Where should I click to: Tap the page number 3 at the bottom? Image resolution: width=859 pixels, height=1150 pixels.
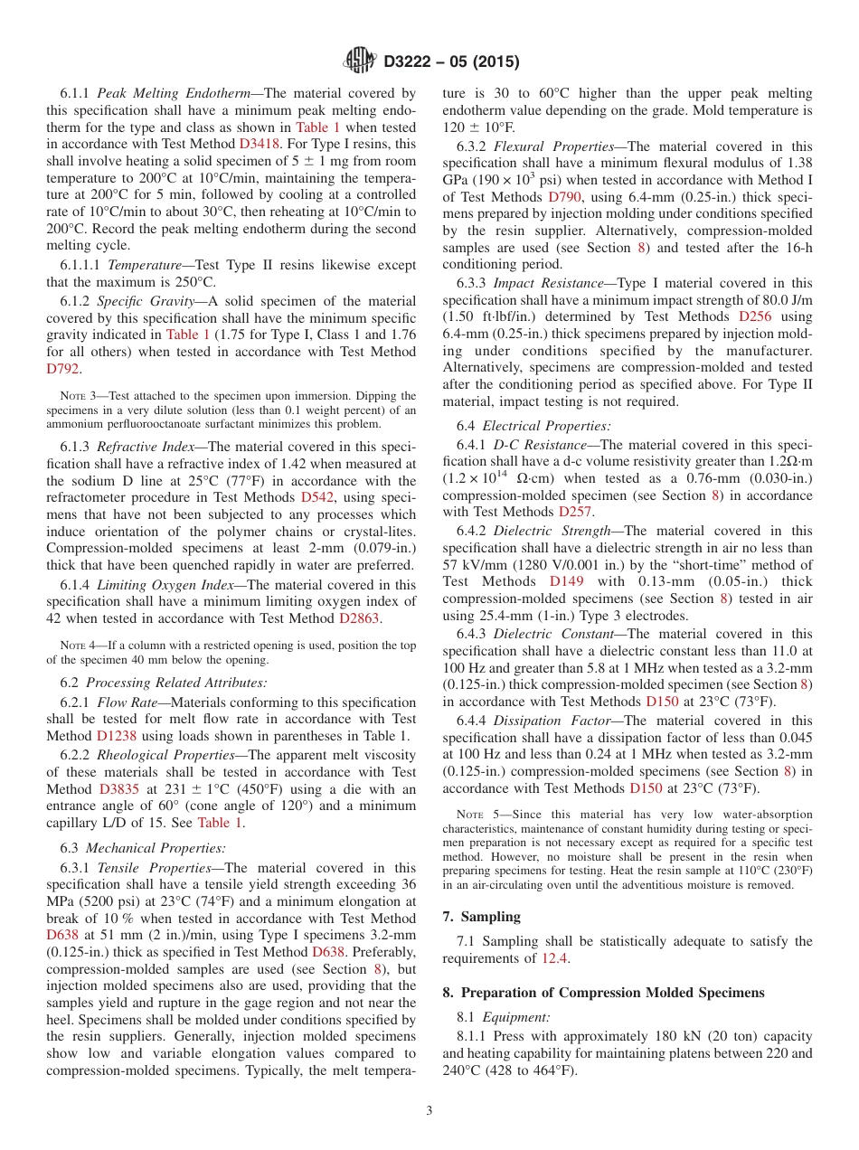tap(429, 1109)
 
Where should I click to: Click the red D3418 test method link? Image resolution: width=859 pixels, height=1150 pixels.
tap(260, 144)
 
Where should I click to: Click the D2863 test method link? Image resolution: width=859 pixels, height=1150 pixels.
tap(359, 618)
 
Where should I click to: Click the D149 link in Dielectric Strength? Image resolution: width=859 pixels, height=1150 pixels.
tap(567, 581)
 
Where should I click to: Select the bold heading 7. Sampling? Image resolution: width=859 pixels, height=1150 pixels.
tap(481, 917)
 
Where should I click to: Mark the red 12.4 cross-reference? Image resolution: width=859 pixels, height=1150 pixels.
tap(555, 958)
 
